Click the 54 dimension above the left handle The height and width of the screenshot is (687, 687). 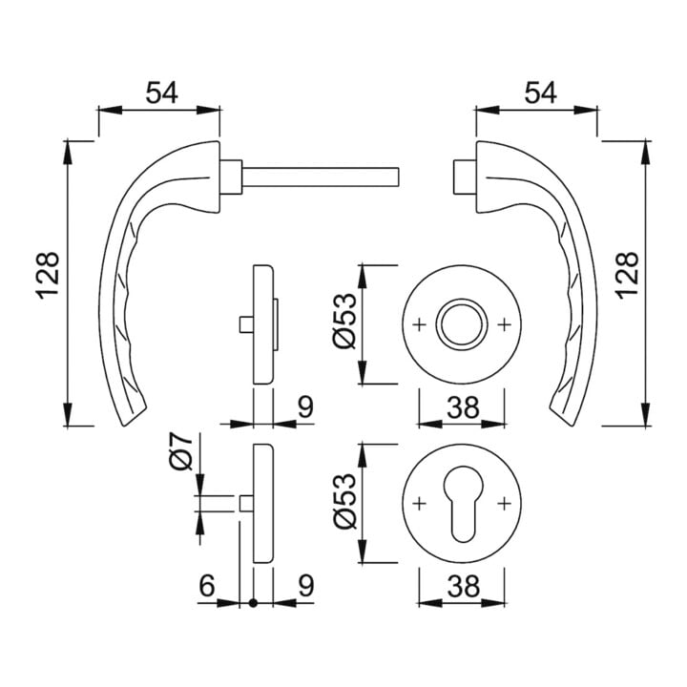pyautogui.click(x=161, y=93)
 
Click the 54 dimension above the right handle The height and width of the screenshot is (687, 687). pyautogui.click(x=540, y=93)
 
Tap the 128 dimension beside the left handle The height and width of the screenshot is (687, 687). pyautogui.click(x=48, y=276)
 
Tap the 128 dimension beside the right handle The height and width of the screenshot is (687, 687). pyautogui.click(x=627, y=276)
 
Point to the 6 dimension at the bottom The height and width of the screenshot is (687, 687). pyautogui.click(x=207, y=585)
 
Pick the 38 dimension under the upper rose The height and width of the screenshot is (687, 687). pyautogui.click(x=463, y=407)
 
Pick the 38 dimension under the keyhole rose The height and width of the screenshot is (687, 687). pyautogui.click(x=463, y=586)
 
